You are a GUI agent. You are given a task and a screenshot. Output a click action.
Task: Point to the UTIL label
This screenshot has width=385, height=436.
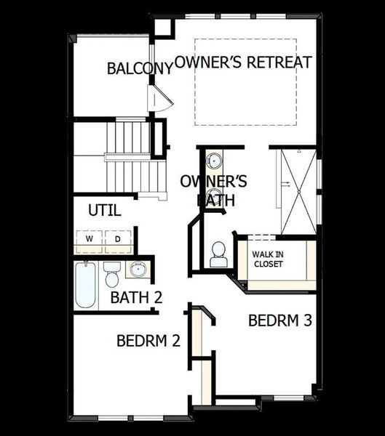pos(104,211)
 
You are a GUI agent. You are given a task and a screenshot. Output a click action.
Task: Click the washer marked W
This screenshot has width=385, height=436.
pos(90,238)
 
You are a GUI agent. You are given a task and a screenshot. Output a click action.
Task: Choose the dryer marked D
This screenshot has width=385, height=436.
pos(117,238)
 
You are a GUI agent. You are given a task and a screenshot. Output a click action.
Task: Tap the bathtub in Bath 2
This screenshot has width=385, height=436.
pos(85,286)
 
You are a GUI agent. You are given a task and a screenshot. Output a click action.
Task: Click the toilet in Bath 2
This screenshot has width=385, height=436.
pos(111,275)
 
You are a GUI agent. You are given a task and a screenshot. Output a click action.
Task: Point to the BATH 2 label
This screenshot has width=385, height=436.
pos(135,297)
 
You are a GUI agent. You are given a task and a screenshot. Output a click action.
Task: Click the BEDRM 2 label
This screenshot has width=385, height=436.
pos(148,340)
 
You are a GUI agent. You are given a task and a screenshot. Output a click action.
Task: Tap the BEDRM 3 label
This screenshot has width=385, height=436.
pos(280,320)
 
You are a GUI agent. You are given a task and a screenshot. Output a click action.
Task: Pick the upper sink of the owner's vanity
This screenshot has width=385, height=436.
pos(215,161)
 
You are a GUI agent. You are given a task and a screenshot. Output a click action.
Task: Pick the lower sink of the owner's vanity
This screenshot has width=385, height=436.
pos(215,194)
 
